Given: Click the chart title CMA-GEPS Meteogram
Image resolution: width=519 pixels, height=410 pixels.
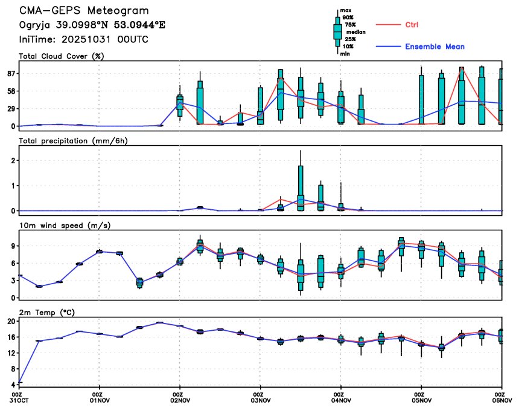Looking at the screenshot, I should point(84,11).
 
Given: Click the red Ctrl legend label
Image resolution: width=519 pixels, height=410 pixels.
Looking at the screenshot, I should point(412,25).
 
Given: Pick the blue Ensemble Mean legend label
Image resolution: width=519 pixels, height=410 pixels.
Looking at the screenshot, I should point(435,47).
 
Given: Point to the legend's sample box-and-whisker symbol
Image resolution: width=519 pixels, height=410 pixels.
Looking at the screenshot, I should point(338,31).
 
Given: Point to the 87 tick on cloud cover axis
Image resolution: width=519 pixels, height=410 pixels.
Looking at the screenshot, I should point(10,73).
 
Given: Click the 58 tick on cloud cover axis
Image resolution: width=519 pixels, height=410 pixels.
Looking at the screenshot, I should point(10,91).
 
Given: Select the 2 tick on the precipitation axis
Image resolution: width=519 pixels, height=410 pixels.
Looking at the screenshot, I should point(13,160).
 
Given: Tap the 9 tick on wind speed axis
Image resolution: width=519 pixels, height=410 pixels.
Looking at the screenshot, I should point(13,246).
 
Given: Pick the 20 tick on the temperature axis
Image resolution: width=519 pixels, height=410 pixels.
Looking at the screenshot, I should point(10,322).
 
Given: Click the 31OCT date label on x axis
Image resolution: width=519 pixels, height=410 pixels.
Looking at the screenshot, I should point(19,400).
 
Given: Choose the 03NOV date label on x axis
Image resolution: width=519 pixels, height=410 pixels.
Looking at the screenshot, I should point(260,400).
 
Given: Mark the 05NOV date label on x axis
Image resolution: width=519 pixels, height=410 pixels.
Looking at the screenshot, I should point(421,400).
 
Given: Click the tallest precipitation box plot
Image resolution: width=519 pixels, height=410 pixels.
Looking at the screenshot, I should point(301,187).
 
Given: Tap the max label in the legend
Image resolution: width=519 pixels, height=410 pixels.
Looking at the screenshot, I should point(346,11).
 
